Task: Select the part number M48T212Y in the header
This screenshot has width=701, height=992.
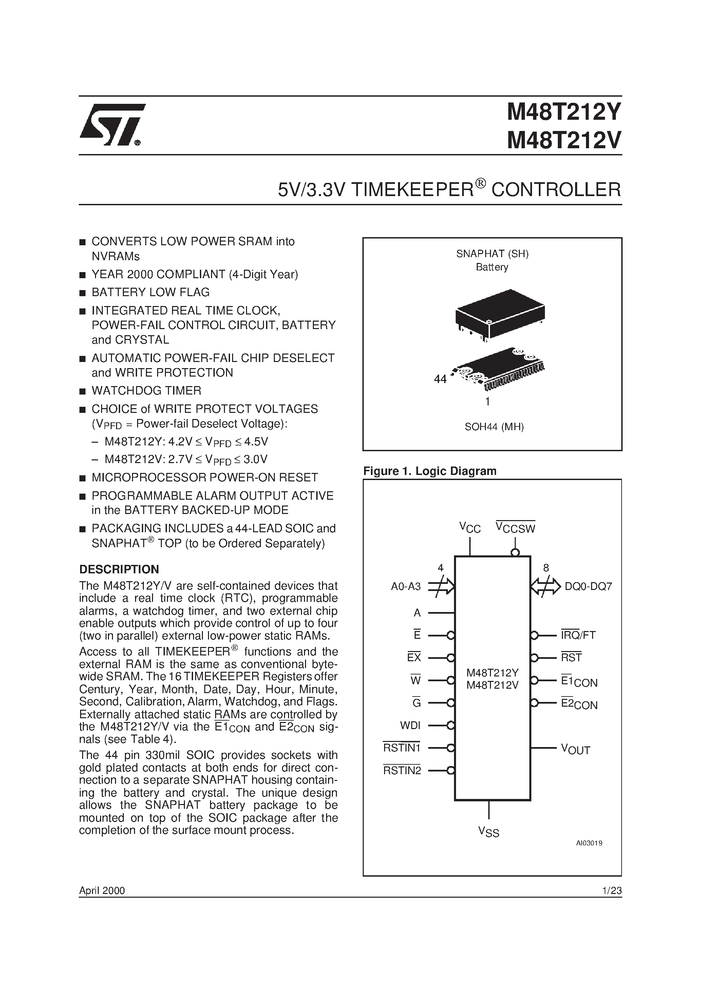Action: (564, 114)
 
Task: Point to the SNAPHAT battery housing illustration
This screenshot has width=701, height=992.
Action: (500, 313)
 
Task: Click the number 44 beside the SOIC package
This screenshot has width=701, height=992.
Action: (440, 379)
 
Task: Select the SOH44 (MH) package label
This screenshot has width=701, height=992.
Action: (494, 427)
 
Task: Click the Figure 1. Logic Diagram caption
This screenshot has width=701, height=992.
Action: (430, 471)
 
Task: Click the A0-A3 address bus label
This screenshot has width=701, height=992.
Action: (405, 587)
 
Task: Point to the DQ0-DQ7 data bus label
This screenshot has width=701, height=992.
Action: (588, 587)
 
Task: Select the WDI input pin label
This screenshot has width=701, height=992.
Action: (410, 725)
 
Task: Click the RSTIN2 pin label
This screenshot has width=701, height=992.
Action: (402, 770)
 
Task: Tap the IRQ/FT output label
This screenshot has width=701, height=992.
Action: (578, 635)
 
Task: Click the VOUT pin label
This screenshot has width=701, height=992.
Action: (575, 749)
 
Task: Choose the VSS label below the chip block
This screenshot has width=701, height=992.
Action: (488, 832)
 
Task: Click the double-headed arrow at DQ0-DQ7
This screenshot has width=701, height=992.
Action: (545, 587)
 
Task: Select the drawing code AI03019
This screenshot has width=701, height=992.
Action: (589, 843)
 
